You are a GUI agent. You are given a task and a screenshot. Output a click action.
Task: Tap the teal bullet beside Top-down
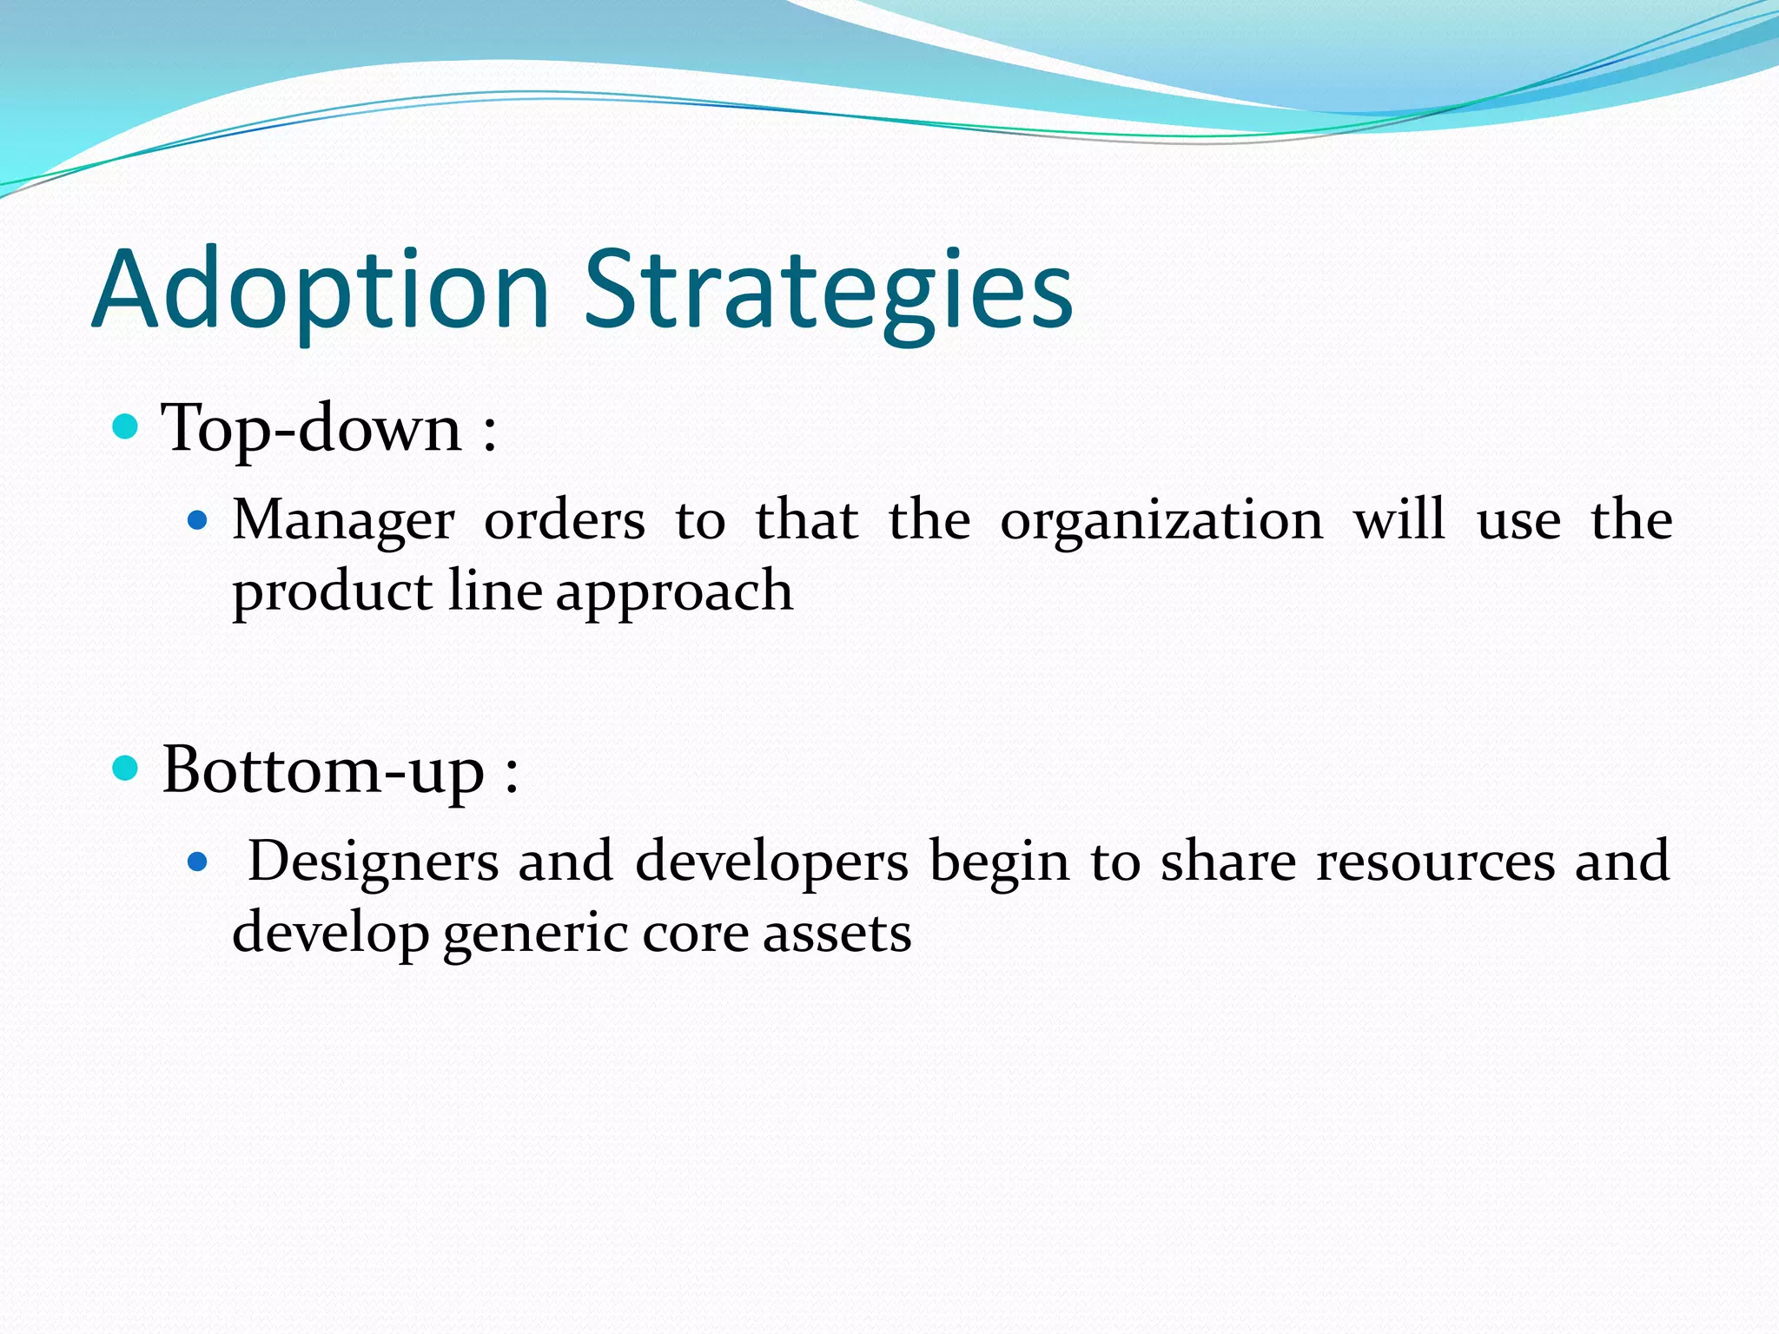[126, 426]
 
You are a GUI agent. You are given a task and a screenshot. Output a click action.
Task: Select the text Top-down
[312, 429]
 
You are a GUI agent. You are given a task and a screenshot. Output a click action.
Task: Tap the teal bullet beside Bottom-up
[126, 768]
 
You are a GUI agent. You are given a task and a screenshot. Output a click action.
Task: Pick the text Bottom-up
[323, 771]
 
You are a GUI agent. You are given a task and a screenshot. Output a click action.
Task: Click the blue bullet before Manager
[198, 521]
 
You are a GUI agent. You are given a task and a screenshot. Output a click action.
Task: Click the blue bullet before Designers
[198, 862]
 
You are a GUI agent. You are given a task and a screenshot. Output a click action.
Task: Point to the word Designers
[374, 862]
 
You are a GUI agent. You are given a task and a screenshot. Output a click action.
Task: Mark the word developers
[771, 862]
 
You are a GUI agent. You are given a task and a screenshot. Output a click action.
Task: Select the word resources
[1435, 862]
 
